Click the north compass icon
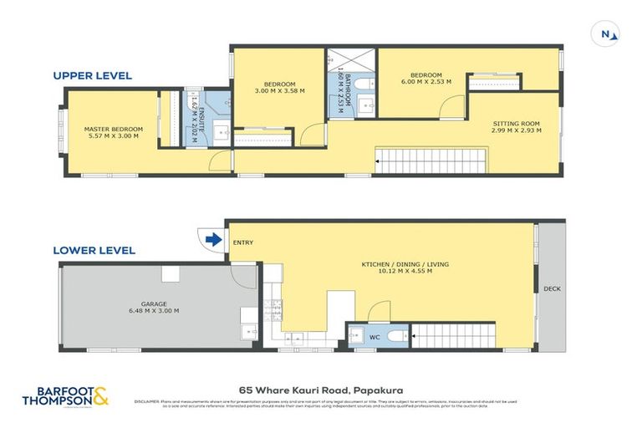click(x=609, y=34)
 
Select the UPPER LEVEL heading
click(x=92, y=75)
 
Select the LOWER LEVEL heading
click(x=94, y=250)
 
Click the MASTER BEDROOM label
click(x=113, y=133)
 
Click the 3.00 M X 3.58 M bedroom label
click(x=279, y=88)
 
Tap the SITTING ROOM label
click(x=515, y=127)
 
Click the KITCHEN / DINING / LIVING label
click(x=405, y=268)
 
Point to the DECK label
click(x=552, y=288)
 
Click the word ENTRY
click(x=243, y=243)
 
